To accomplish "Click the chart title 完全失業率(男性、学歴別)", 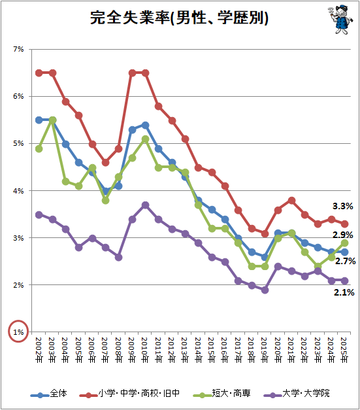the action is click(179, 18).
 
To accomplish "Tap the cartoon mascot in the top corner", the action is click(340, 20).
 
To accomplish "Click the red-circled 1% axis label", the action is click(18, 332).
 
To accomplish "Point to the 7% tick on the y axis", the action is click(18, 49).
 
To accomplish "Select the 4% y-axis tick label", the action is click(18, 191).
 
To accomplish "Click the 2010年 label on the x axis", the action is click(145, 350).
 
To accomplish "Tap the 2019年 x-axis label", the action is click(265, 350).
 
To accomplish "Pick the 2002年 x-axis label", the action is click(39, 350).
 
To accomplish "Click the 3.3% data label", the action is click(342, 206).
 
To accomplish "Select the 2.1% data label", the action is click(344, 292).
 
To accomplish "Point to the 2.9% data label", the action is click(342, 235).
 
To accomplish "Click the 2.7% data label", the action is click(345, 261).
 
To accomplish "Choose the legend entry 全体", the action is click(49, 393).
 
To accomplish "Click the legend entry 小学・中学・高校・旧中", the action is click(129, 393).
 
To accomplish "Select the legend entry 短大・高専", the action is click(222, 393).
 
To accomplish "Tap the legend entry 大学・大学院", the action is click(297, 393).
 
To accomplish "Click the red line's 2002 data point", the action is click(39, 73).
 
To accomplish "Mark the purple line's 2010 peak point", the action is click(145, 205).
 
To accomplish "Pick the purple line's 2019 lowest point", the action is click(265, 290).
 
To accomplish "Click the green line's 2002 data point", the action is click(39, 149).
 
